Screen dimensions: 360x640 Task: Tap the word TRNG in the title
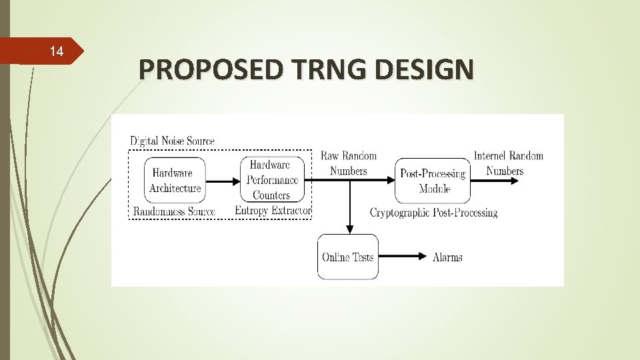[x=325, y=69]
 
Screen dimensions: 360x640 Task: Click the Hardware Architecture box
[x=175, y=181]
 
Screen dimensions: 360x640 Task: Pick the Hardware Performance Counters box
[x=272, y=179]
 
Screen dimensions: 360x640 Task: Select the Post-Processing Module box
[x=433, y=181]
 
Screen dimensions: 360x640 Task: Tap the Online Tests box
[x=347, y=257]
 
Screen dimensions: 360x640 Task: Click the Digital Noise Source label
[x=172, y=141]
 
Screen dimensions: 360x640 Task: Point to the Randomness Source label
[x=174, y=211]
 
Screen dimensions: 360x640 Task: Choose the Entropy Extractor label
[x=273, y=211]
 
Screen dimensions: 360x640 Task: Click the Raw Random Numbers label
[x=349, y=163]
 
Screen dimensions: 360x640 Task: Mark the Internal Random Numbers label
[x=508, y=163]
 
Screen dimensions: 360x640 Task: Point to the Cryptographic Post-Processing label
[x=433, y=213]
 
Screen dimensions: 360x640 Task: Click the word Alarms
[x=447, y=257]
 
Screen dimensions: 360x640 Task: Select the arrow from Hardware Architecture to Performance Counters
[x=223, y=180]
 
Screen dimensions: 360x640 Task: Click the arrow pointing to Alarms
[x=405, y=257]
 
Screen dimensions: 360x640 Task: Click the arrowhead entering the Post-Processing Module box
[x=390, y=180]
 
